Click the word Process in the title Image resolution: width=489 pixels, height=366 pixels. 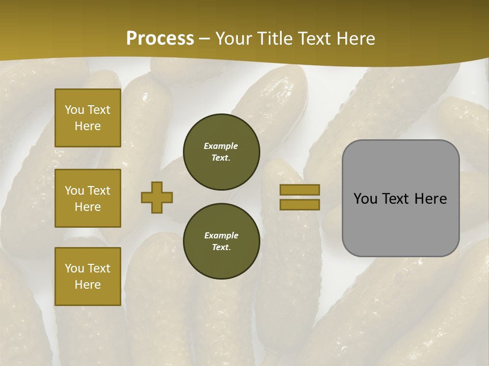160,39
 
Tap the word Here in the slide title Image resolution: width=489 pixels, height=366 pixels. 356,39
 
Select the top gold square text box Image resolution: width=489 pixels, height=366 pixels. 88,118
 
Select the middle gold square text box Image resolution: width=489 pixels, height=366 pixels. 88,198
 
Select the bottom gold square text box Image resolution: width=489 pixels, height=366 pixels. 88,276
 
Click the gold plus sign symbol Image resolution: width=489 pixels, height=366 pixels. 157,197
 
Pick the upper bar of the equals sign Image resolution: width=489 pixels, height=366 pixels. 300,190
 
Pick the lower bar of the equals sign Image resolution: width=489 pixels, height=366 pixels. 300,204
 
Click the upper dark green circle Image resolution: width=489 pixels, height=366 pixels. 221,152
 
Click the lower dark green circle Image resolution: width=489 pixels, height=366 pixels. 221,241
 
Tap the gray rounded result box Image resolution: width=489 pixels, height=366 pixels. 400,198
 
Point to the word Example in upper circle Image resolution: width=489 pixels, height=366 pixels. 221,146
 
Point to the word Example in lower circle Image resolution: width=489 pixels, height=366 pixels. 221,235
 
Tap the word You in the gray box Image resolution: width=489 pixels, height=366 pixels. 365,199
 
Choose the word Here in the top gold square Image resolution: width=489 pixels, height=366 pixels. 88,126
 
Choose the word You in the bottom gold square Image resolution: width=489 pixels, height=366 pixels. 74,268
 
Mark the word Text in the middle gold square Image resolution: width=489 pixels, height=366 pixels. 99,191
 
